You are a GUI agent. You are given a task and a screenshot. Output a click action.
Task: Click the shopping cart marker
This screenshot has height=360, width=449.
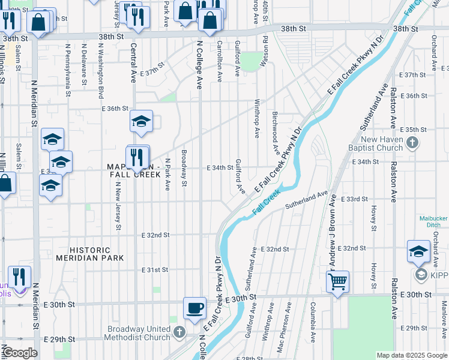(x=339, y=280)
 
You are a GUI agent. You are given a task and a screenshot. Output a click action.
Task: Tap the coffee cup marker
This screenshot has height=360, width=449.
(x=194, y=308)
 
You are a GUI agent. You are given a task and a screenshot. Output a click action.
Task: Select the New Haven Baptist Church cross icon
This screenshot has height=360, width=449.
(x=412, y=143)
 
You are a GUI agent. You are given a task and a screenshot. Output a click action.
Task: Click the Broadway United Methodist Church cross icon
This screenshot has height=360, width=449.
(x=179, y=332)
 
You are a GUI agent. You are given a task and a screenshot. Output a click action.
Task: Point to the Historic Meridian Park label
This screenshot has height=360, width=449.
(x=90, y=254)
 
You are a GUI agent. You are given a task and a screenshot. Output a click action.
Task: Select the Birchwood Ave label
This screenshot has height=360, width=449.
(x=276, y=133)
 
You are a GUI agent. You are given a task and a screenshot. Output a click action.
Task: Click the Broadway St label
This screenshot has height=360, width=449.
(x=184, y=168)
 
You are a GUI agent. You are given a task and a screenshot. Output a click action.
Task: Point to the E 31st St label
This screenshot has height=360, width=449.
(x=155, y=271)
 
